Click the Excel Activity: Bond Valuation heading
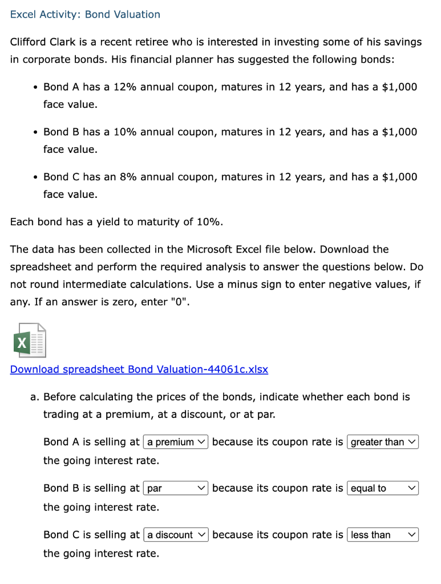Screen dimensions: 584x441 pos(85,14)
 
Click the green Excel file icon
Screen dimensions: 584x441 pos(29,341)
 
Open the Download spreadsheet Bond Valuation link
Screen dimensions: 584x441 pos(139,369)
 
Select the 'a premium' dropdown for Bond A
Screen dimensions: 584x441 pos(176,442)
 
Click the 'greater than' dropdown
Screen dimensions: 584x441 pos(382,442)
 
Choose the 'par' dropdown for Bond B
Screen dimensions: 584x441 pos(176,488)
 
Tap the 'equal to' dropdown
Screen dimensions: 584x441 pos(382,488)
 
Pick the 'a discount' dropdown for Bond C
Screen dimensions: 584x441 pos(176,535)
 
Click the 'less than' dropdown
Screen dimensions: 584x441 pos(382,535)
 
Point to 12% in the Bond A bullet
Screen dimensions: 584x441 pos(125,87)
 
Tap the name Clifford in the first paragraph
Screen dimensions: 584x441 pos(28,42)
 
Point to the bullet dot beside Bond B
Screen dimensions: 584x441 pos(35,132)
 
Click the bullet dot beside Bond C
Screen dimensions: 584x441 pos(35,177)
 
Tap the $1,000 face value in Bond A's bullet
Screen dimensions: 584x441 pos(399,87)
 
